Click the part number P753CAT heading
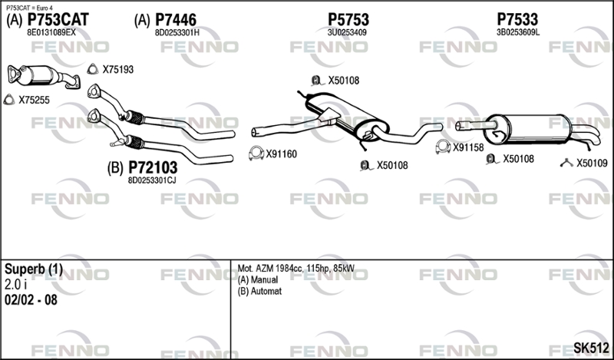tap(58, 20)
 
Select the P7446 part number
tap(176, 20)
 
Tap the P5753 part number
tap(348, 20)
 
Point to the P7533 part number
tap(517, 20)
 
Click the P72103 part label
tap(153, 167)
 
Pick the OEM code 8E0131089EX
tap(51, 32)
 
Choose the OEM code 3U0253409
tap(347, 32)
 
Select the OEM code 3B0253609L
tap(517, 32)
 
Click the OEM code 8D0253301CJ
tap(152, 180)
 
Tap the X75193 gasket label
tap(118, 70)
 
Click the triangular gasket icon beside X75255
tap(8, 100)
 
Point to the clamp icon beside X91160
tap(256, 154)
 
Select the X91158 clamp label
tap(468, 147)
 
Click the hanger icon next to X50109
tap(566, 163)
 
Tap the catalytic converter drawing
tap(43, 76)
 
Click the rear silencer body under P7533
tap(527, 128)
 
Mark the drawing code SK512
tap(591, 348)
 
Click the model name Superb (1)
tap(33, 269)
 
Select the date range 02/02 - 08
tap(31, 300)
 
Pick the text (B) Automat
tap(259, 292)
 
